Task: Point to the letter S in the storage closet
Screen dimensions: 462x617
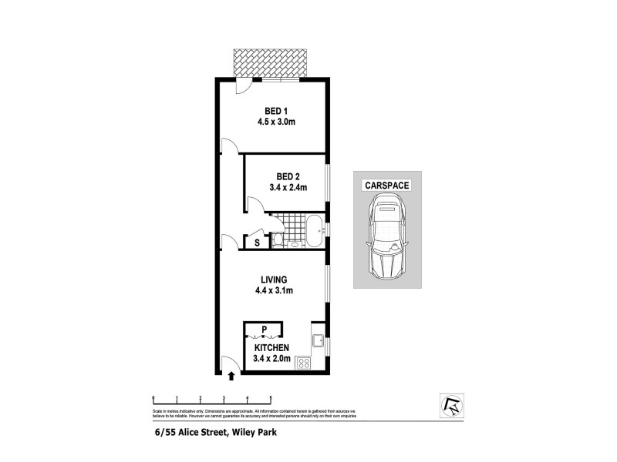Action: click(x=257, y=243)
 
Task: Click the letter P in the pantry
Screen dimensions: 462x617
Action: click(x=265, y=330)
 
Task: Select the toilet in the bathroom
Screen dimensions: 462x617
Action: click(x=278, y=241)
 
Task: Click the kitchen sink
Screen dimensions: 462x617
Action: click(x=316, y=340)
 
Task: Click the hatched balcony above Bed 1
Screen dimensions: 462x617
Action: click(x=270, y=63)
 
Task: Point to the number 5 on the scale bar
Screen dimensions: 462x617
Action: click(x=270, y=397)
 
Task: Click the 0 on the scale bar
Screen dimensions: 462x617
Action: click(x=153, y=397)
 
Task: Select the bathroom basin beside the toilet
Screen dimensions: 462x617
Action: click(x=295, y=245)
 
